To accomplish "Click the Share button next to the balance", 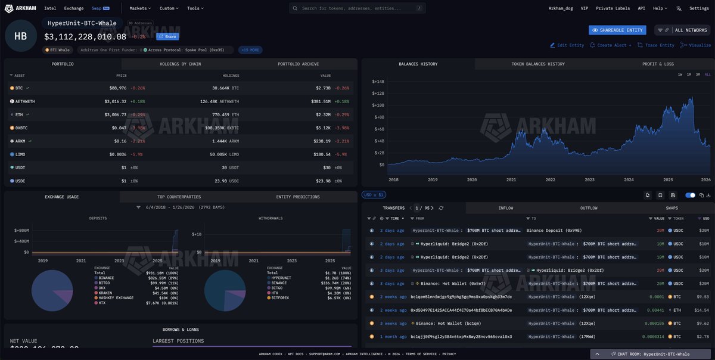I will click(x=167, y=36).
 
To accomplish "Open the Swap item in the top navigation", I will click(x=96, y=8).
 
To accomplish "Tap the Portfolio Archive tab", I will click(x=298, y=64).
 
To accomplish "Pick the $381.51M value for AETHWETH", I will click(x=324, y=101).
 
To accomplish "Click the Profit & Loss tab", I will click(x=658, y=64).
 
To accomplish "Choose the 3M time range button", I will click(x=698, y=75).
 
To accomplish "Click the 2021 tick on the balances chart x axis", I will click(x=511, y=179).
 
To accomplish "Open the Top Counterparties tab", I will click(x=179, y=197).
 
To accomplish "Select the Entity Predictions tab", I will click(x=298, y=197).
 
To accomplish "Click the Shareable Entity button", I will click(x=617, y=30).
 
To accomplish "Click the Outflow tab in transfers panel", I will click(x=589, y=208).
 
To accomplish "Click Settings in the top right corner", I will click(x=699, y=8).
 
